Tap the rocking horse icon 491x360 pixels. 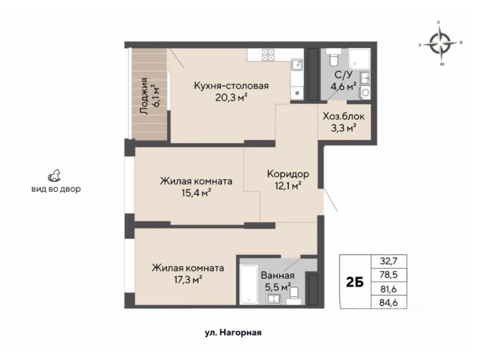[54, 175]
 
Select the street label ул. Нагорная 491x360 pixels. [233, 333]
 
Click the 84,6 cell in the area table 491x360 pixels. [389, 302]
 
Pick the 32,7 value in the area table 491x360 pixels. [389, 261]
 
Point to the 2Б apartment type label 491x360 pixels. [355, 282]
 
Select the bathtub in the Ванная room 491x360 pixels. [248, 284]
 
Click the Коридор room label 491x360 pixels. [288, 174]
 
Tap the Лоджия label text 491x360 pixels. [144, 96]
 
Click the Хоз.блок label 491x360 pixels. [343, 116]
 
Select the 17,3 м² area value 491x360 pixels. [188, 280]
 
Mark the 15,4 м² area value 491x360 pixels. [196, 193]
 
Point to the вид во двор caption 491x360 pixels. [56, 189]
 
